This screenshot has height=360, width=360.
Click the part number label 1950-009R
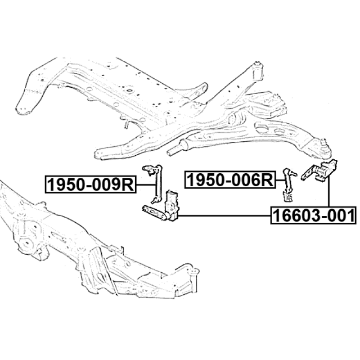pyautogui.click(x=90, y=184)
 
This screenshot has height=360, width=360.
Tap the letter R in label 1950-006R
pyautogui.click(x=267, y=180)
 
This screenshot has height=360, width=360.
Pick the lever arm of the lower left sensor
pyautogui.click(x=153, y=211)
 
